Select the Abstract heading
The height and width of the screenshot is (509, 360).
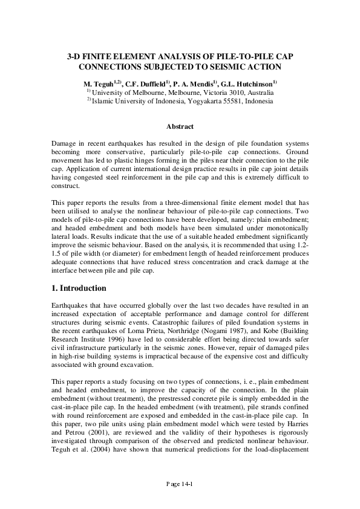click(x=180, y=126)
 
